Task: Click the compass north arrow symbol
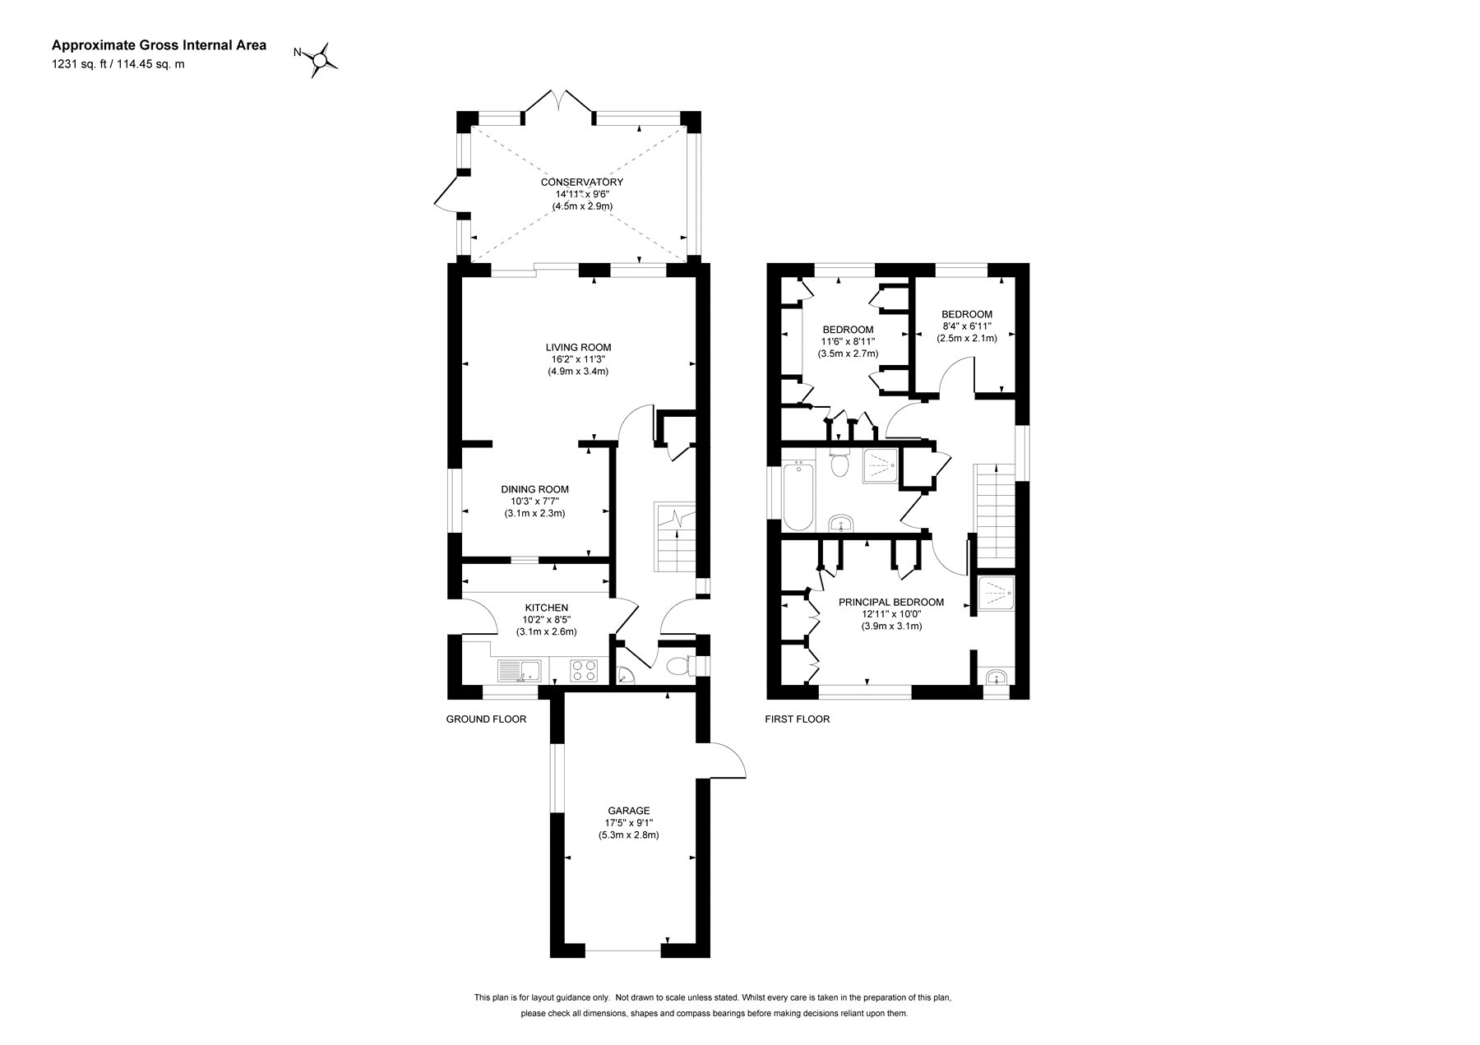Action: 319,59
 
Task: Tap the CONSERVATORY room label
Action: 581,183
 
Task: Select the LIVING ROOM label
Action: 578,347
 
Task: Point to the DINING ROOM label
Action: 534,489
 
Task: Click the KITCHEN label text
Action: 546,608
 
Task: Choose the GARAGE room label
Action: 629,811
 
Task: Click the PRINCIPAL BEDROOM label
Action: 890,602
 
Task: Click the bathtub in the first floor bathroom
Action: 798,497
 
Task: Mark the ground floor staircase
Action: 674,537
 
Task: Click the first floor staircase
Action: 995,510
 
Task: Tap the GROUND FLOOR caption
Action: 486,719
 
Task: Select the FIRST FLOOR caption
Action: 797,719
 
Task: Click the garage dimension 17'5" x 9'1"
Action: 629,823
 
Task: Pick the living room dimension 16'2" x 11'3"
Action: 578,359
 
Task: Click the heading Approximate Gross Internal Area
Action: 159,46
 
